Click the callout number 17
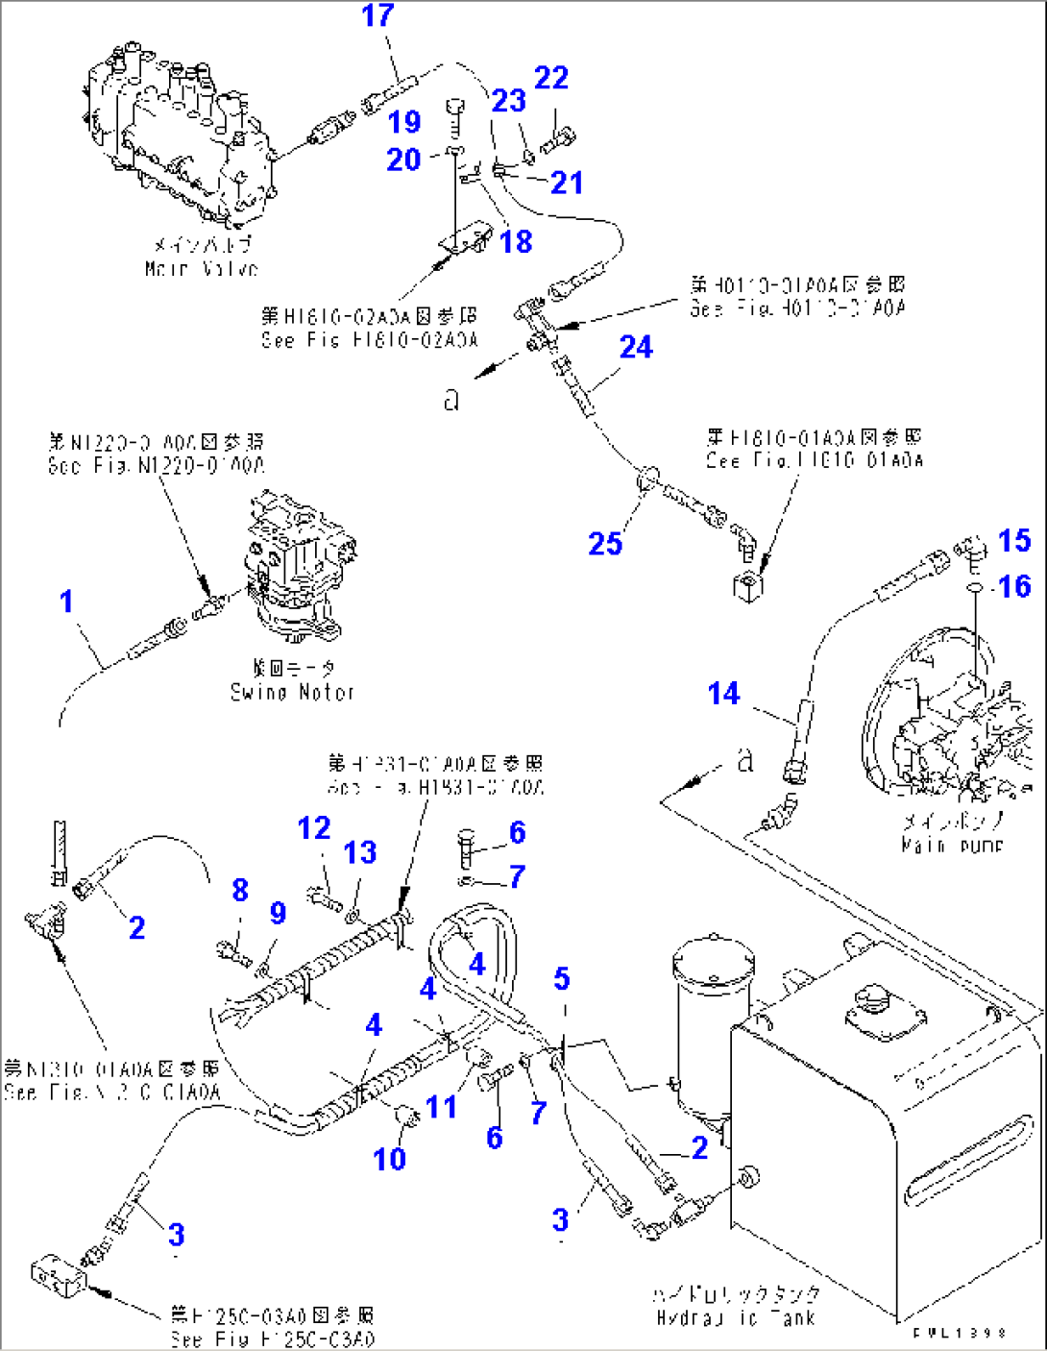point(377,16)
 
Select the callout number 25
point(605,544)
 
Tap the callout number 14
point(723,694)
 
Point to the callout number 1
point(66,602)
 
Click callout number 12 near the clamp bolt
point(314,828)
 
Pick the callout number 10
point(390,1159)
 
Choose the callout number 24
point(636,347)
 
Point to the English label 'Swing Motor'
point(292,692)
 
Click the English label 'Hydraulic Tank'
point(737,1318)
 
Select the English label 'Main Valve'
point(201,269)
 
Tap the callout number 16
point(1014,586)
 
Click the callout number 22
point(551,79)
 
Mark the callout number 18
point(516,242)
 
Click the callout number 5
point(562,979)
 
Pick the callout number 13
point(360,852)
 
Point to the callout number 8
point(240,891)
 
